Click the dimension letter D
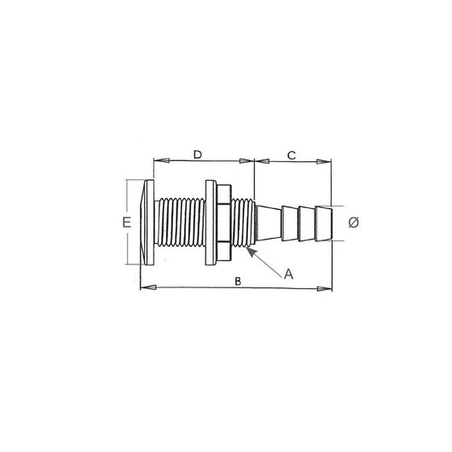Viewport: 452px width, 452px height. coord(197,154)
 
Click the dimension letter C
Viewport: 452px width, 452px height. coord(291,155)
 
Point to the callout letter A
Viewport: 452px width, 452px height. coord(289,274)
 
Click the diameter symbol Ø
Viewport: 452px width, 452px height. coord(354,223)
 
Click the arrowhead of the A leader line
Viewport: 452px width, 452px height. coord(247,250)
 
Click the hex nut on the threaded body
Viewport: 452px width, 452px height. coord(223,223)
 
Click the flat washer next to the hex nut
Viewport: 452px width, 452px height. coord(210,223)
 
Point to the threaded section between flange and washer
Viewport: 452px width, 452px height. coord(181,223)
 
